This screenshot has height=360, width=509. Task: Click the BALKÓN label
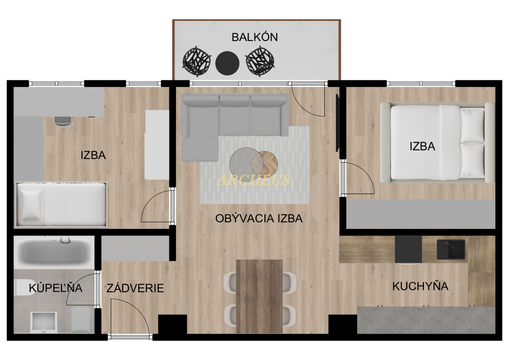254,37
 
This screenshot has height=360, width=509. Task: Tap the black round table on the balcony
227,63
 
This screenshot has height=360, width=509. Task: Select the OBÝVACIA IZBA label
259,218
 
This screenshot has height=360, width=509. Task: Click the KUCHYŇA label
420,286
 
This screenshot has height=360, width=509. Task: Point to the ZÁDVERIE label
135,288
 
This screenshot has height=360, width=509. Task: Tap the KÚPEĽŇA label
55,288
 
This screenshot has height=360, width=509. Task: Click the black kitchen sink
451,250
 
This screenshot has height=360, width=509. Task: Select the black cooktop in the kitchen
408,249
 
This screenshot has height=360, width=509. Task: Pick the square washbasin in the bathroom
44,323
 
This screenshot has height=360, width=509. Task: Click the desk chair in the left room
64,123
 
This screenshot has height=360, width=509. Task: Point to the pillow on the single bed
31,204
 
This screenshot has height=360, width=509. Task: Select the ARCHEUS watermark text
254,180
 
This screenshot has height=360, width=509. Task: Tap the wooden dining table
259,296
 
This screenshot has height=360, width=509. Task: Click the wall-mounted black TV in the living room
337,123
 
